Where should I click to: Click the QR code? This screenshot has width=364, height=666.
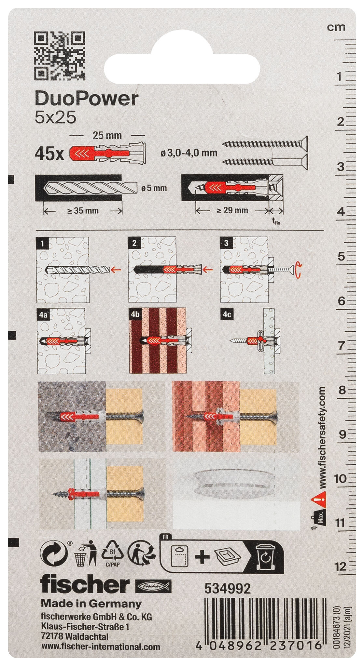click(59, 56)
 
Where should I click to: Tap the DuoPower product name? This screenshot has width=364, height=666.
click(86, 99)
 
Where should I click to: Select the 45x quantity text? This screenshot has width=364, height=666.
click(49, 154)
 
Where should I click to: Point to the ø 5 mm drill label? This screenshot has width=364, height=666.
click(154, 188)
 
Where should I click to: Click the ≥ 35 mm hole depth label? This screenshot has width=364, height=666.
click(83, 211)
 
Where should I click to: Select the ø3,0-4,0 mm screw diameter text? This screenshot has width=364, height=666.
click(189, 153)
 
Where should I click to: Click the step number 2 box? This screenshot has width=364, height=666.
click(134, 243)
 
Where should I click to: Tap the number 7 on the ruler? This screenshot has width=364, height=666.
click(341, 346)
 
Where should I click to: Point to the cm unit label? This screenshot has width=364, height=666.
click(336, 27)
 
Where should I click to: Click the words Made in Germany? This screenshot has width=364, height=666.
click(91, 604)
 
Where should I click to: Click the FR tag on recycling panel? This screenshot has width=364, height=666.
click(165, 538)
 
